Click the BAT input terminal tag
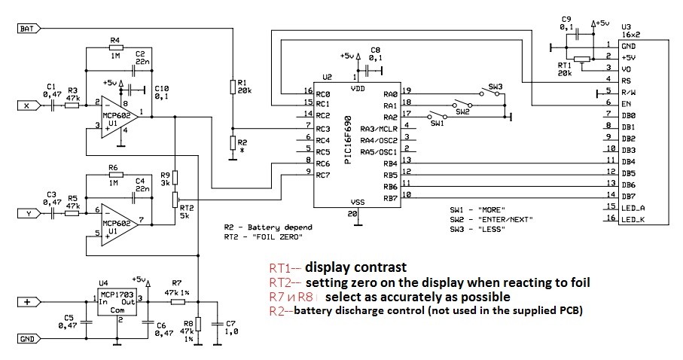(29, 29)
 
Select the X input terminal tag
(29, 105)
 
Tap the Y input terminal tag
(29, 213)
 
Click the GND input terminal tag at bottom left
(29, 339)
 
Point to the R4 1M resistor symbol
(115, 48)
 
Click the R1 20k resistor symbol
(232, 87)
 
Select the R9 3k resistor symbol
(175, 178)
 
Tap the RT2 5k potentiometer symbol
(175, 200)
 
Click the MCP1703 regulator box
(116, 301)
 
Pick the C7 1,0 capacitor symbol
(217, 324)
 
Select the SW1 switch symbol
(438, 116)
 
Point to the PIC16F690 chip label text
(348, 139)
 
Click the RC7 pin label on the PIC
(323, 175)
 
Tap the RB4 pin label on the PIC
(390, 164)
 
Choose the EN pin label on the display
(627, 104)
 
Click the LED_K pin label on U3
(633, 220)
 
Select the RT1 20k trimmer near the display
(582, 59)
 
